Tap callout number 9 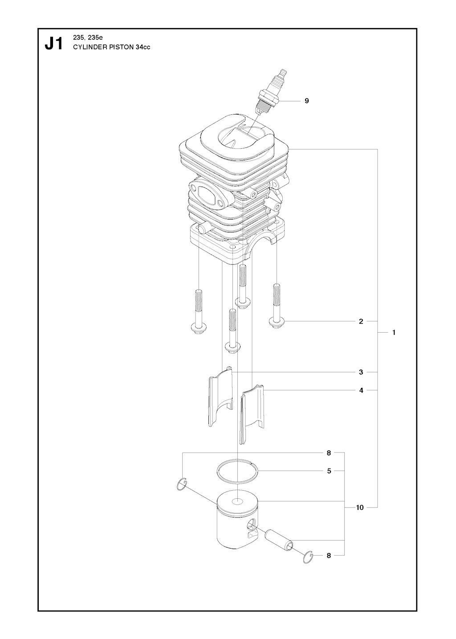coord(307,101)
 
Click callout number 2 coord(361,321)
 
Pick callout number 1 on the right coord(394,332)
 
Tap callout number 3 coord(361,372)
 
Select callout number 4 coord(361,391)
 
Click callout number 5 coord(329,471)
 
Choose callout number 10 coord(360,507)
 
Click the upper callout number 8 coord(329,453)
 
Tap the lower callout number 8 coord(329,555)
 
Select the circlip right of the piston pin coord(308,557)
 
